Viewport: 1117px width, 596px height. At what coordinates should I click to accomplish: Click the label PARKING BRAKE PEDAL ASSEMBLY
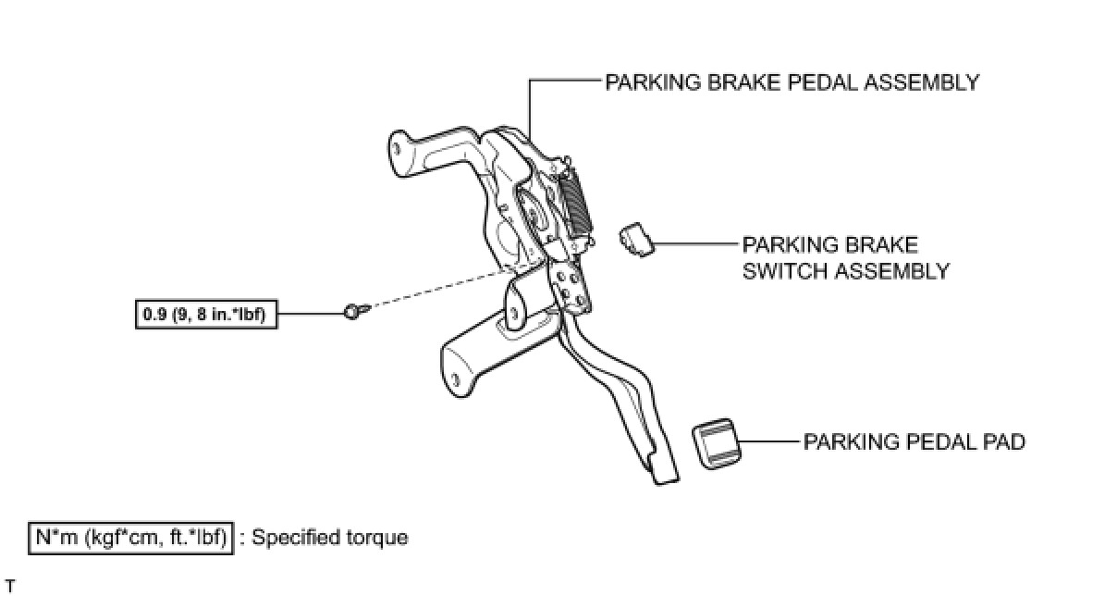point(792,83)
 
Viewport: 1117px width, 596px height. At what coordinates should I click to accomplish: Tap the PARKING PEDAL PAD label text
point(914,442)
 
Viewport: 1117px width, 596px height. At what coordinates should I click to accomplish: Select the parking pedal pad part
point(717,443)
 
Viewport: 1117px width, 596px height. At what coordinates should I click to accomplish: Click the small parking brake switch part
point(637,240)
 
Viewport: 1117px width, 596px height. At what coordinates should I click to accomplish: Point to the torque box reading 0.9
point(206,314)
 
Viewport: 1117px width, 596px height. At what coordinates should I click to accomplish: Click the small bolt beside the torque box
point(356,311)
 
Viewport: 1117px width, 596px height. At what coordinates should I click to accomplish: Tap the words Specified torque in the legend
point(329,538)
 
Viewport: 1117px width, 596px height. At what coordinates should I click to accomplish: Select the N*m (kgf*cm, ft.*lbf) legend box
point(130,538)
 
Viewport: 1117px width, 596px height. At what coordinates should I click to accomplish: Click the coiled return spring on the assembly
point(575,202)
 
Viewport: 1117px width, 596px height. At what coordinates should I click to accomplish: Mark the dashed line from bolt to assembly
point(441,288)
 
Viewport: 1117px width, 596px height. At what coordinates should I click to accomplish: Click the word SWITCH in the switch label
point(786,271)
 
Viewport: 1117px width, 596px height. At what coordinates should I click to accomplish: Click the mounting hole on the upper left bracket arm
point(397,148)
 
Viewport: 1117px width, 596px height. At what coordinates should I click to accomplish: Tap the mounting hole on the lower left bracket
point(456,380)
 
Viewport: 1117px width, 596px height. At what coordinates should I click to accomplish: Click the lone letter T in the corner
point(10,586)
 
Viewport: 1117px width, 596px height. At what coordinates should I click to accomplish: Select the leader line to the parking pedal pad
point(769,441)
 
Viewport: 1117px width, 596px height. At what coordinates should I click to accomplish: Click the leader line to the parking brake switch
point(695,244)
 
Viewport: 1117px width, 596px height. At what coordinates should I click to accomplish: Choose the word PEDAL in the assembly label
point(823,83)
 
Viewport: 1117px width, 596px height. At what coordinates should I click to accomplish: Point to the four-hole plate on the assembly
point(571,289)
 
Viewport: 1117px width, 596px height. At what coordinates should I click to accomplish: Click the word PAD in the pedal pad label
point(1004,442)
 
